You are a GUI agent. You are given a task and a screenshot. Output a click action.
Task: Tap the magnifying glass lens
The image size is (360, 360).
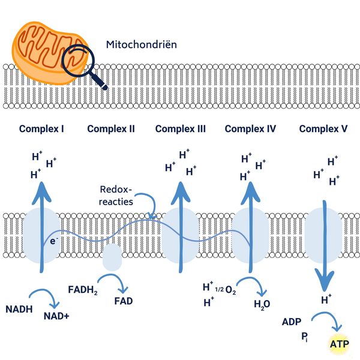tap(80, 62)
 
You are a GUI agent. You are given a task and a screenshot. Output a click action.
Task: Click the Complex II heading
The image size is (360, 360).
tap(111, 128)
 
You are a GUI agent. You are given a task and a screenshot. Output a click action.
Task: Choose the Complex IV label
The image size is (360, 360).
tap(251, 128)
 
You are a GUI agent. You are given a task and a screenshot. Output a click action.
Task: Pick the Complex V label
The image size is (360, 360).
tap(324, 128)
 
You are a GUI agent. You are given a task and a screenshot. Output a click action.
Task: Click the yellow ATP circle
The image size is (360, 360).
tap(338, 345)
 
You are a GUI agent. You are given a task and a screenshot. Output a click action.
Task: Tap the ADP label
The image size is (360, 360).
tap(292, 322)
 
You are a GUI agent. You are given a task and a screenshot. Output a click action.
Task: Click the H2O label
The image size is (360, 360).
tap(262, 304)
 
